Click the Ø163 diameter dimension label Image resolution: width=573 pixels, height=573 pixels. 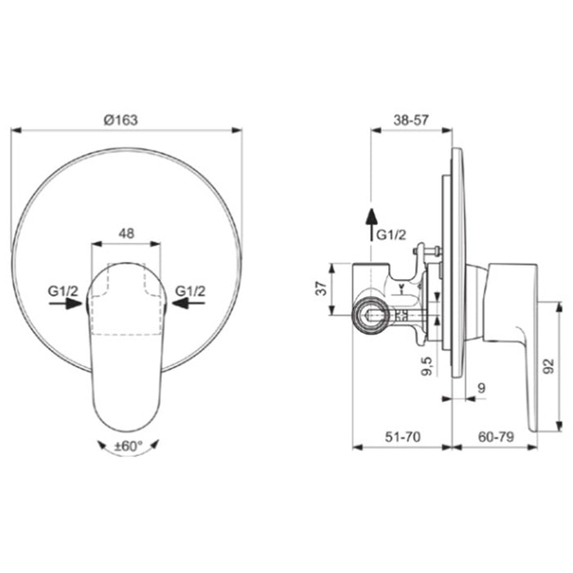[x=120, y=120]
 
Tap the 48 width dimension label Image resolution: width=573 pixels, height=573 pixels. [x=126, y=233]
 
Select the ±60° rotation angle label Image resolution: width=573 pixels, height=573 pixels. [x=129, y=446]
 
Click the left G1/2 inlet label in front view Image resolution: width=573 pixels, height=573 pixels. [x=63, y=291]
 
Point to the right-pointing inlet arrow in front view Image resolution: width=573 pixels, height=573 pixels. [x=65, y=304]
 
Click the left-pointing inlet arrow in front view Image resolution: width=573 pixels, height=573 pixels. [x=188, y=303]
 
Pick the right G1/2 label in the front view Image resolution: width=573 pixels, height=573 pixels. [x=191, y=291]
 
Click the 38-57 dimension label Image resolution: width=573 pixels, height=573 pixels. [x=411, y=120]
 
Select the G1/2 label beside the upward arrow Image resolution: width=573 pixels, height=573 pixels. [x=391, y=235]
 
